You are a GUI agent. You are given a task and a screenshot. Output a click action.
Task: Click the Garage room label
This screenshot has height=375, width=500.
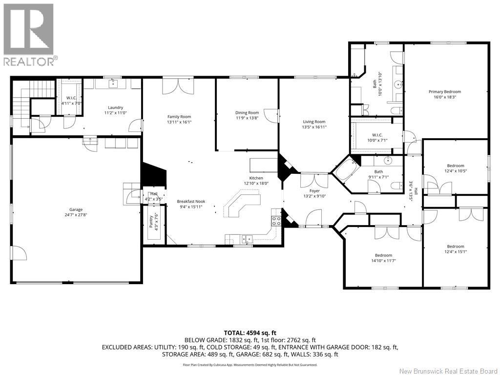(x=76, y=209)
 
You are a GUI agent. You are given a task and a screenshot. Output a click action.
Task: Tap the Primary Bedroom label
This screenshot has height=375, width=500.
(x=444, y=92)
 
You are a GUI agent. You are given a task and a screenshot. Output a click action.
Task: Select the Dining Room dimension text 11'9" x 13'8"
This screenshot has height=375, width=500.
(x=247, y=118)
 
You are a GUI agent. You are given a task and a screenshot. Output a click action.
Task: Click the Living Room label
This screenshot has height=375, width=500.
(x=313, y=122)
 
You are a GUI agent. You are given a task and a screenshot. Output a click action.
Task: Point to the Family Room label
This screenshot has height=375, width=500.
(x=179, y=117)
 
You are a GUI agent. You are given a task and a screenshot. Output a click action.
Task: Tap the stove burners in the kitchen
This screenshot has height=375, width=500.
(x=275, y=220)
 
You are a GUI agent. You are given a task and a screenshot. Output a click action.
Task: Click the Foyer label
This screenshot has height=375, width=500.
(x=315, y=191)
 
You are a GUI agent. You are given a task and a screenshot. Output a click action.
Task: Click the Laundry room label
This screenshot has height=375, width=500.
(x=116, y=107)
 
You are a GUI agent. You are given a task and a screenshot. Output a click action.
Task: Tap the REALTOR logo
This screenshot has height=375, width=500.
(x=29, y=34)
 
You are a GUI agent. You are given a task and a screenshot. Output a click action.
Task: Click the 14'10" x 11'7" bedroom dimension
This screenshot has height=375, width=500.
(x=383, y=261)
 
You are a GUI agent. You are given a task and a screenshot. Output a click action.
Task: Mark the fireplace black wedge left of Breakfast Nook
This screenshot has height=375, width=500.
(x=152, y=173)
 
